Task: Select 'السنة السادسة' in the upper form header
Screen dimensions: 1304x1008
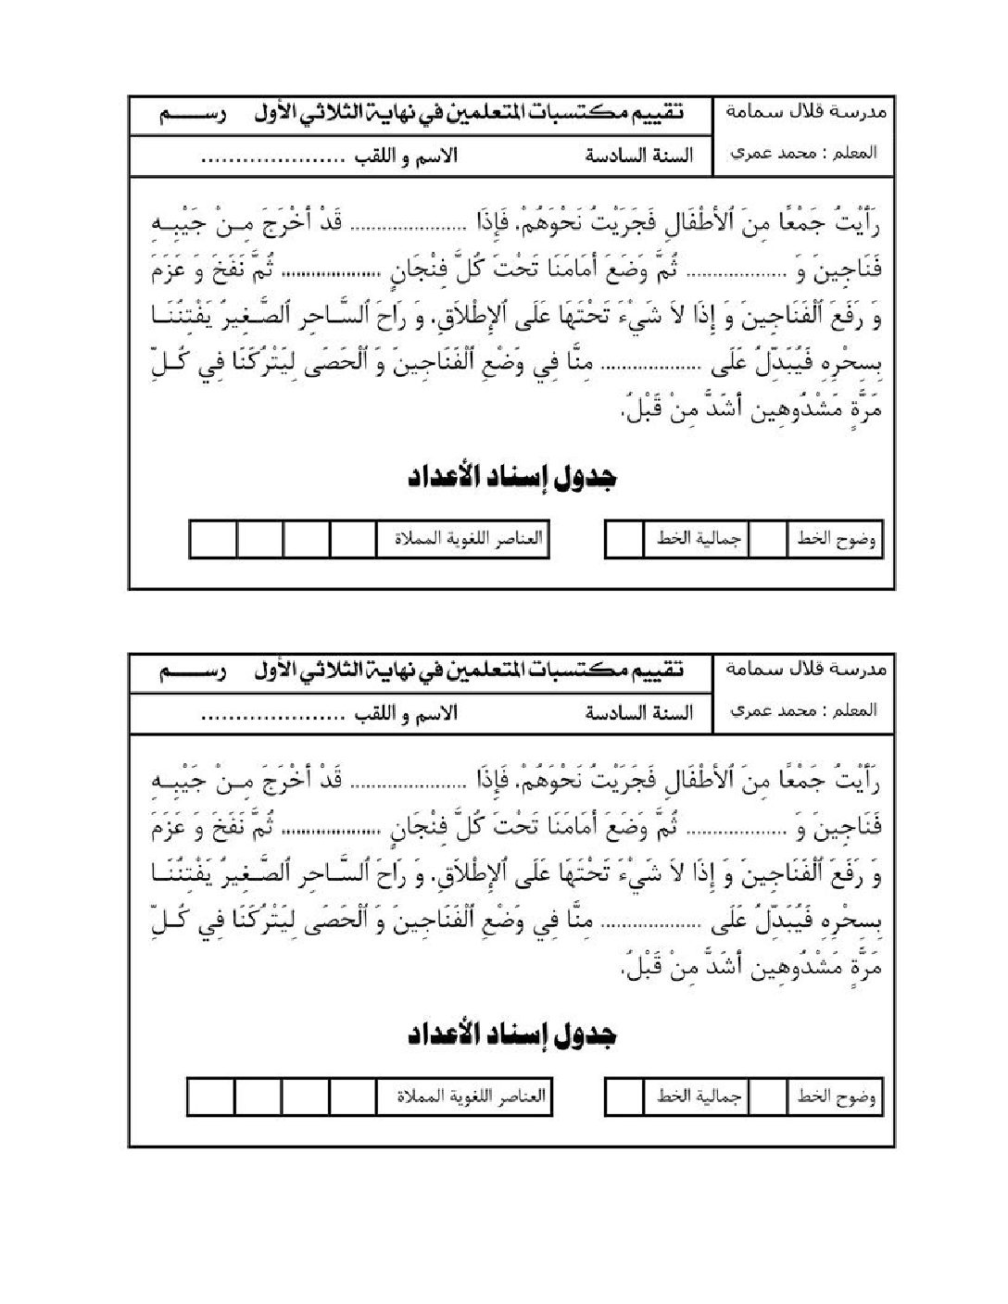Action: pos(638,155)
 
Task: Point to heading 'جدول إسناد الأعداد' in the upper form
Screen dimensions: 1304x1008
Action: pos(512,478)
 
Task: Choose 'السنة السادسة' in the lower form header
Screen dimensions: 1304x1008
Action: pos(638,713)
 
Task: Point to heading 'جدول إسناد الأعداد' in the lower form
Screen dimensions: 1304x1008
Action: pos(512,1035)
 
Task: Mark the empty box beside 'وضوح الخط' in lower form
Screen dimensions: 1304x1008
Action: pos(767,1098)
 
